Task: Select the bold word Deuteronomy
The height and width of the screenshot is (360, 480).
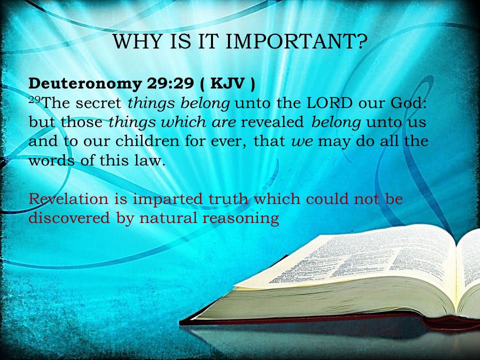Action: coord(85,84)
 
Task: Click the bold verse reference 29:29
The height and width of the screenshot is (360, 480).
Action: coord(170,83)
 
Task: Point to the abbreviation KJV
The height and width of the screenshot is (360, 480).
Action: coord(227,83)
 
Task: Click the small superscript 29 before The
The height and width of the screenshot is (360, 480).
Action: coord(34,99)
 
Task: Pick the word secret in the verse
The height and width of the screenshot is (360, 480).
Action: coord(98,103)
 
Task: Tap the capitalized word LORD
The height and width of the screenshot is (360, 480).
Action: coord(329,103)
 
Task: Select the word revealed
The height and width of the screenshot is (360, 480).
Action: coord(272,122)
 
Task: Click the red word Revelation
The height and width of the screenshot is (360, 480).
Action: coord(68,199)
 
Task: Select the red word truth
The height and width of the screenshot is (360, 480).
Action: coord(228,199)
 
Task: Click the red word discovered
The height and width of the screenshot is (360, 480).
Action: coord(69,218)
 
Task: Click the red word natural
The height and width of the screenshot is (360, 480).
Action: coord(168,218)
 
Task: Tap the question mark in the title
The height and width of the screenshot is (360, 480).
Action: coord(361,41)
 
